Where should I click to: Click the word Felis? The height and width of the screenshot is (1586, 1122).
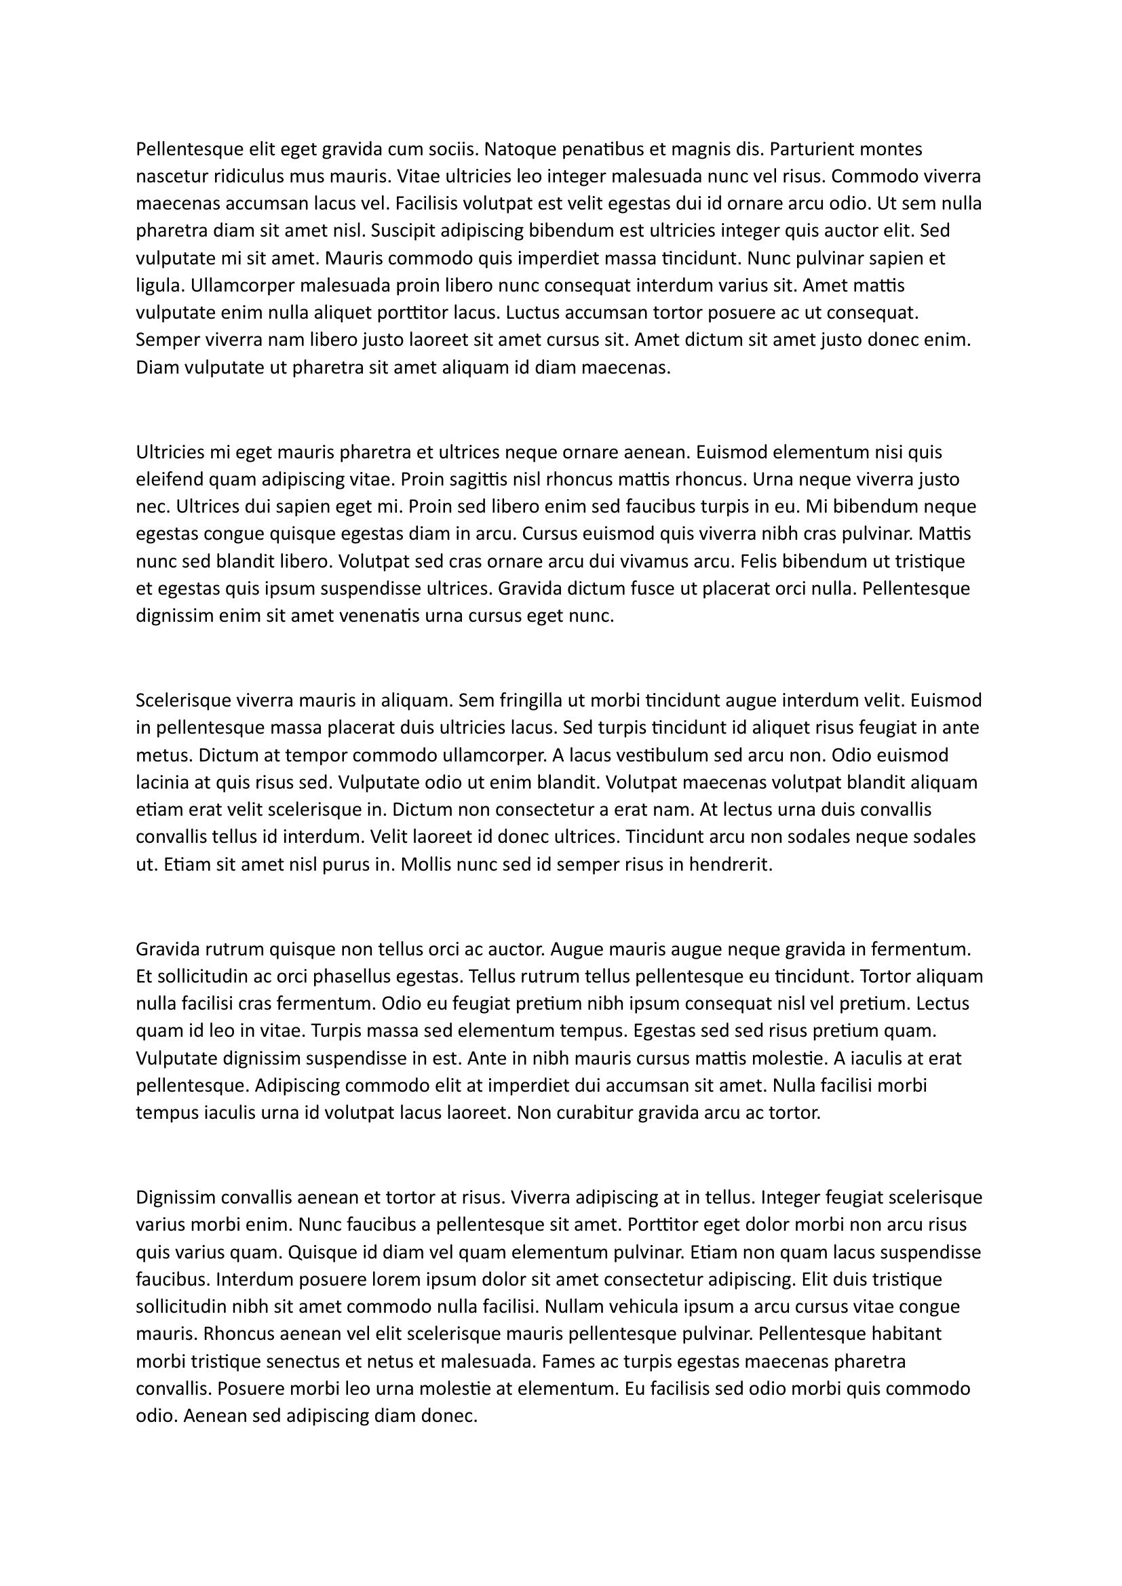(x=758, y=561)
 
